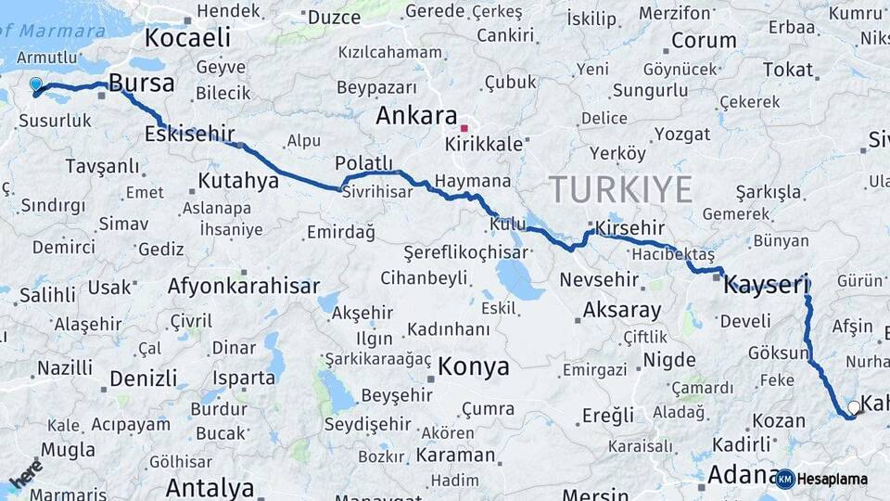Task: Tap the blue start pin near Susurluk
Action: [x=36, y=85]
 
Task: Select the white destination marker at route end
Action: [x=854, y=407]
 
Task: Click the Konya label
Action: [x=473, y=366]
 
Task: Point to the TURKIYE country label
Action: [x=620, y=190]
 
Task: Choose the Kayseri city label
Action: [x=766, y=284]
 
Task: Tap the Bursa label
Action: [x=141, y=83]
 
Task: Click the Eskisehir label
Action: [x=189, y=134]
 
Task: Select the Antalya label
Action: [x=210, y=487]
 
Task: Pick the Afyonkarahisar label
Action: [x=244, y=287]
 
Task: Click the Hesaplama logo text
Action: [x=833, y=480]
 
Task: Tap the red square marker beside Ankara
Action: [x=464, y=127]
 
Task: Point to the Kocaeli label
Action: [x=187, y=38]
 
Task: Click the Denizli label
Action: [x=143, y=379]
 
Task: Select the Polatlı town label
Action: [x=364, y=163]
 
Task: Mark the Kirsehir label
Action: [x=631, y=227]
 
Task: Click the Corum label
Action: [x=703, y=41]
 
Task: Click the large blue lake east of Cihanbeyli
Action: [x=519, y=278]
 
